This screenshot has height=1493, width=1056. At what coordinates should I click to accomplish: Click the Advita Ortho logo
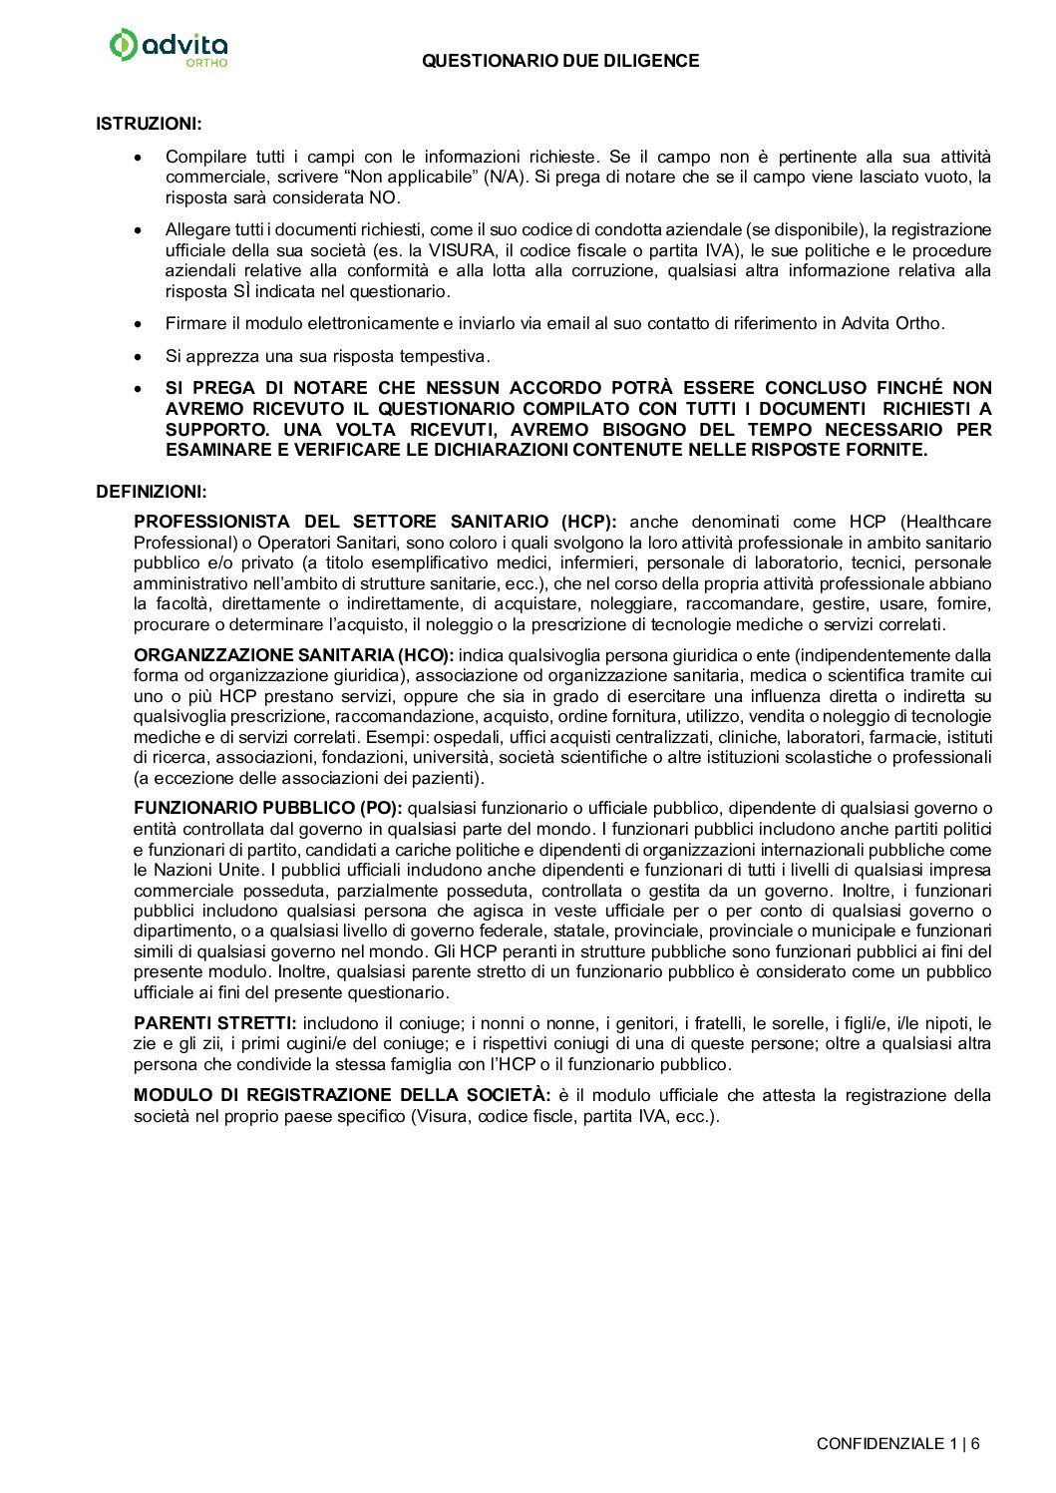(x=168, y=47)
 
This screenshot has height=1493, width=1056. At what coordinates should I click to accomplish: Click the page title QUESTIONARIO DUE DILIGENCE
(x=560, y=61)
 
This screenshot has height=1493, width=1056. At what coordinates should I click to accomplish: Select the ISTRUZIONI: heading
(x=149, y=124)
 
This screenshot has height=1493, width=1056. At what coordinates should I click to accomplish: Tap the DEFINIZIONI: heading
(x=152, y=492)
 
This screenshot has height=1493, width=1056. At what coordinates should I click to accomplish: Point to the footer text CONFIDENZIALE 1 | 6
(x=897, y=1443)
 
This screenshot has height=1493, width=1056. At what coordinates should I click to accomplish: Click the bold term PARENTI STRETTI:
(x=215, y=1023)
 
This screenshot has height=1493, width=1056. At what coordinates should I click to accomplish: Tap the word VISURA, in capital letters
(x=462, y=250)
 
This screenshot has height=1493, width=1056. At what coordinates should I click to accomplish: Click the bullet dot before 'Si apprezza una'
(x=140, y=356)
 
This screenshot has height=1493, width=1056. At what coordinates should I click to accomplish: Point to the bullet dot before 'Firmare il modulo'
(x=140, y=323)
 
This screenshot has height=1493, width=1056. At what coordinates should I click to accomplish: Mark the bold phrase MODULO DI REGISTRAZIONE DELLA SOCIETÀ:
(x=342, y=1095)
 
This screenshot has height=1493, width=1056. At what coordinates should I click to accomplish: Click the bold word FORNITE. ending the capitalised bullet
(x=892, y=450)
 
